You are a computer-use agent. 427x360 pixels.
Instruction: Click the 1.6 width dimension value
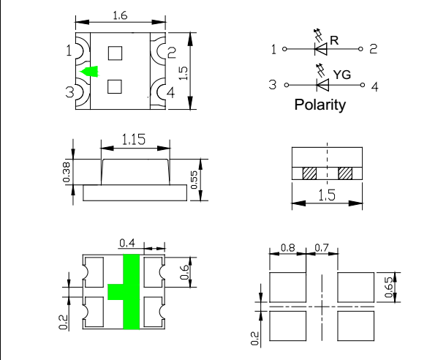point(120,15)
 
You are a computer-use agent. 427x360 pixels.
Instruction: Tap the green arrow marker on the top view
point(89,72)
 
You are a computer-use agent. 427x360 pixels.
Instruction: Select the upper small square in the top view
point(115,53)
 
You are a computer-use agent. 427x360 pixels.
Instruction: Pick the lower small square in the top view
point(115,86)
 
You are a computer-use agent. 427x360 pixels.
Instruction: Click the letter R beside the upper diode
point(334,40)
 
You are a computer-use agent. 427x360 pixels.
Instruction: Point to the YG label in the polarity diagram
point(342,75)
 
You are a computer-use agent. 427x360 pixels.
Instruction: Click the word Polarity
point(320,105)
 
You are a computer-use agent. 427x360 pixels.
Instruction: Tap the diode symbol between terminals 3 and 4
point(322,85)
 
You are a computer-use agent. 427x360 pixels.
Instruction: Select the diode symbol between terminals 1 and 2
point(321,49)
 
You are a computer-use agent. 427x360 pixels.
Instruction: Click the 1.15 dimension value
point(133,139)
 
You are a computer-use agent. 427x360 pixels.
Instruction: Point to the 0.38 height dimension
point(67,172)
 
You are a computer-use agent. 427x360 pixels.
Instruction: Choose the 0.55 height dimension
point(194,180)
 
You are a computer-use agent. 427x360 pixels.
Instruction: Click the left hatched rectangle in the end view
point(309,173)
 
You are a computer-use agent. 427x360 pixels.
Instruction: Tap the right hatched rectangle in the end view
point(345,173)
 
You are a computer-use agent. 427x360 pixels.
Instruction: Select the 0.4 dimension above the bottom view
point(127,243)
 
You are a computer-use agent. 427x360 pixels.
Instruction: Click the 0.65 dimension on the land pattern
point(388,287)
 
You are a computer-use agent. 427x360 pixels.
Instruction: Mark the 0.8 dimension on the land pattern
point(287,248)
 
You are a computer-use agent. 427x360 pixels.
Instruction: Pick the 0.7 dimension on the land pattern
point(322,248)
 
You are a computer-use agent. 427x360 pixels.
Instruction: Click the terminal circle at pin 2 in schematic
point(360,49)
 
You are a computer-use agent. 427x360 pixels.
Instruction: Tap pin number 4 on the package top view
point(171,93)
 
